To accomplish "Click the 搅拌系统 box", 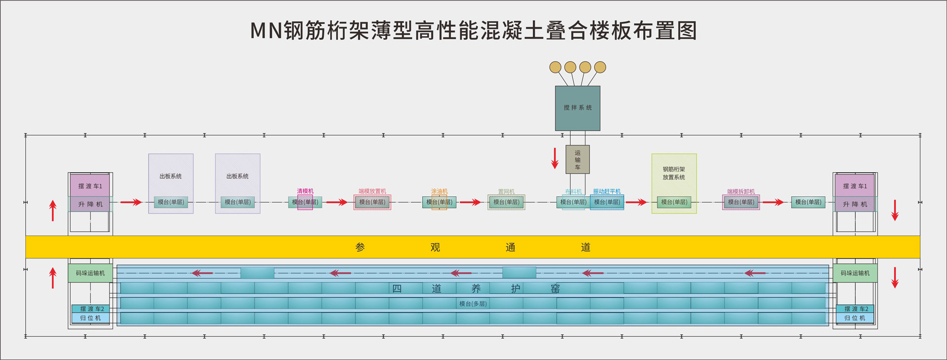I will [x=578, y=108].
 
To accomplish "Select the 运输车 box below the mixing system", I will [x=578, y=159].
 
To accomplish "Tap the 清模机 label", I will [x=305, y=191].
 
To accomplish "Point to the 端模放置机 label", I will [x=372, y=191].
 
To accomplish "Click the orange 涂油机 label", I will [x=439, y=191].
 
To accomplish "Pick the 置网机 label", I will [x=506, y=192].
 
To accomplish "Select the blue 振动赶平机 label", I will [x=607, y=191].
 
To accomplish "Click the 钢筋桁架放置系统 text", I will [x=674, y=173].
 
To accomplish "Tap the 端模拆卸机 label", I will [x=741, y=192].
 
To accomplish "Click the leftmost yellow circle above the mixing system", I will [x=555, y=67].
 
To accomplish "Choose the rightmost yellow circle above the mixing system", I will [x=600, y=67].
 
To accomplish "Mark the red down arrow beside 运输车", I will [x=555, y=158].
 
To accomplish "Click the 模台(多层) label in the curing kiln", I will [x=473, y=304].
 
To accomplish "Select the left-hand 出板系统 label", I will [x=171, y=176].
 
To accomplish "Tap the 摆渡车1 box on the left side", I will [x=90, y=186].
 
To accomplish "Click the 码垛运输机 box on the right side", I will [x=855, y=273].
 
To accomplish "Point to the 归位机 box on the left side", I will [x=90, y=318].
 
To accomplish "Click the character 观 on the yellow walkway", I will [x=435, y=247].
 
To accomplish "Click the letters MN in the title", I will [x=266, y=31].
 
